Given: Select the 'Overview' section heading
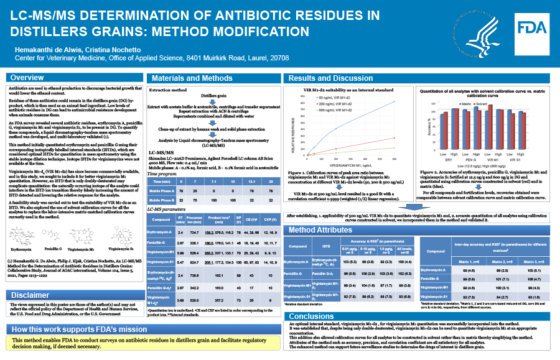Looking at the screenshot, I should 28,78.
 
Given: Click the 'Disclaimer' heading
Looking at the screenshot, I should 30,294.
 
